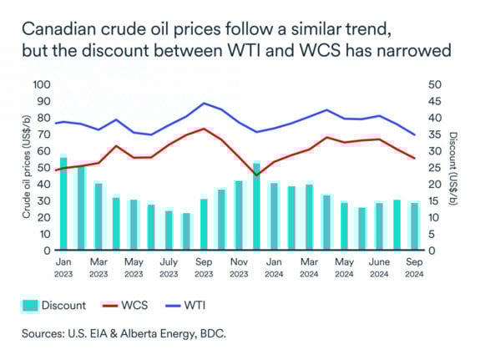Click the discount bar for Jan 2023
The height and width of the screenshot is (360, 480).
(63, 203)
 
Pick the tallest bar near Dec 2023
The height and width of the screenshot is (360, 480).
(256, 206)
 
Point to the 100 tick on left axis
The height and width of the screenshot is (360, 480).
(43, 85)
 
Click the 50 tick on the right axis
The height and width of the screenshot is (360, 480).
(431, 85)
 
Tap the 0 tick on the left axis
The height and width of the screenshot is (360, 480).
(48, 250)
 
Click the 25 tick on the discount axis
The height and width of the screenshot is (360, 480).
(431, 167)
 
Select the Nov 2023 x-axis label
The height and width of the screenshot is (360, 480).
(239, 266)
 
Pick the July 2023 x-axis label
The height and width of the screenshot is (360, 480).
(169, 266)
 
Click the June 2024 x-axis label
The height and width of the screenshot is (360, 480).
(380, 266)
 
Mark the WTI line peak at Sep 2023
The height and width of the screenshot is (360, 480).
(205, 104)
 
